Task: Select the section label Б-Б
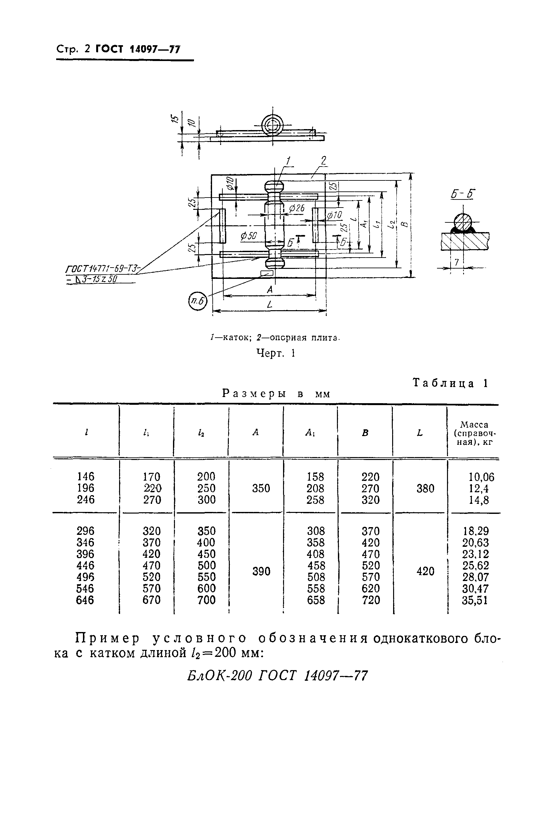463,194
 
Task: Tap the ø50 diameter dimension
249,236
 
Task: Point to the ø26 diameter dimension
297,209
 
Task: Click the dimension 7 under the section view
456,262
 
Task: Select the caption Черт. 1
276,353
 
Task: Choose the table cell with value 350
261,488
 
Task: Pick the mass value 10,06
482,477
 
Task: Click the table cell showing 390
261,571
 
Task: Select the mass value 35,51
475,600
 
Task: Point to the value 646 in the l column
85,600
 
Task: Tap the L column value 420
425,571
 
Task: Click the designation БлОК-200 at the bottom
219,675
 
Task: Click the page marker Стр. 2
73,49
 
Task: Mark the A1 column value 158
315,477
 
